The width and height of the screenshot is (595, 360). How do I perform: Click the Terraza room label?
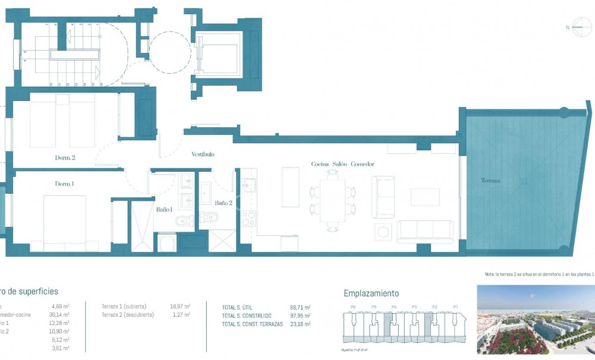[x=491, y=180]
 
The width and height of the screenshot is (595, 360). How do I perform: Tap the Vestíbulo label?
[x=203, y=154]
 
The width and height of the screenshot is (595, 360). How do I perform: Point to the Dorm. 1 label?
[x=64, y=184]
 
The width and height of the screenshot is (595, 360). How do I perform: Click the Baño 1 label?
[x=164, y=210]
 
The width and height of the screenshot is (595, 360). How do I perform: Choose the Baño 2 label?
[x=223, y=203]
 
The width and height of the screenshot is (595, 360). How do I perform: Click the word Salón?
[x=339, y=164]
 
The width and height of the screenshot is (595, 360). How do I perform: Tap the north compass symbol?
[x=581, y=27]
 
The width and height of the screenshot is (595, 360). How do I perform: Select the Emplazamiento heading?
[x=372, y=293]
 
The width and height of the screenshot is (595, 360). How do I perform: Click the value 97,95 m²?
[x=300, y=315]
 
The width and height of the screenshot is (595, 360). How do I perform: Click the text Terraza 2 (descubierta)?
[x=128, y=314]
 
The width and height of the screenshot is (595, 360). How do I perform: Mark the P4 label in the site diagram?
[x=393, y=307]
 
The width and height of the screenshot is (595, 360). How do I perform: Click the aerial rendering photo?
[x=535, y=320]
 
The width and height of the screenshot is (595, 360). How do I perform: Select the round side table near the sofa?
[x=383, y=231]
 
